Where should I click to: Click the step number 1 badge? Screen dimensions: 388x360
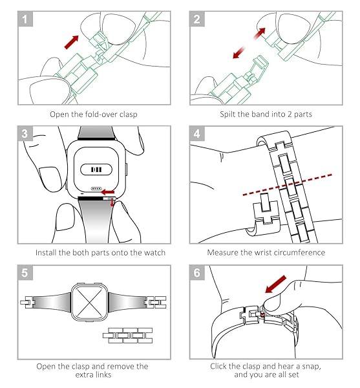point(25,19)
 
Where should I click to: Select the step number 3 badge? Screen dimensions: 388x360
point(25,135)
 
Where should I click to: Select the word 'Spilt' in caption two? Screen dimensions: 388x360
point(222,114)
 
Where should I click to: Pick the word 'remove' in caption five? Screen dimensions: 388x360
point(119,366)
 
